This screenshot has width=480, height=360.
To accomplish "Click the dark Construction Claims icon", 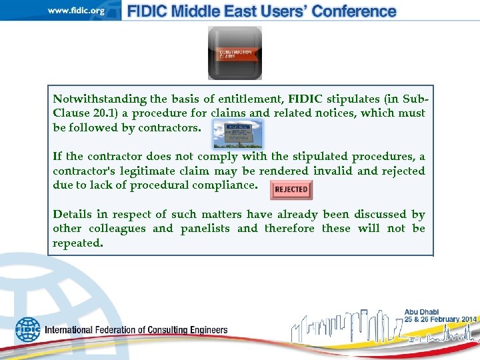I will click(235, 53).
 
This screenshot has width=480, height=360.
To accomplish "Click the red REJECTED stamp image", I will click(291, 189).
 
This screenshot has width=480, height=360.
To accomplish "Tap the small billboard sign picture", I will click(237, 133).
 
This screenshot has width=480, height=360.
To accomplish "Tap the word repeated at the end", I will click(78, 243).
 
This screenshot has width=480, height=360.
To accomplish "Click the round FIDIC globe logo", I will click(28, 329).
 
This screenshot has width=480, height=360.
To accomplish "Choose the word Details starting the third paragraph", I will click(73, 215).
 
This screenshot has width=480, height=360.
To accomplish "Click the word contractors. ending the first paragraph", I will click(169, 128).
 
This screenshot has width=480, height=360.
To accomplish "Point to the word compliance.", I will click(220, 185).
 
